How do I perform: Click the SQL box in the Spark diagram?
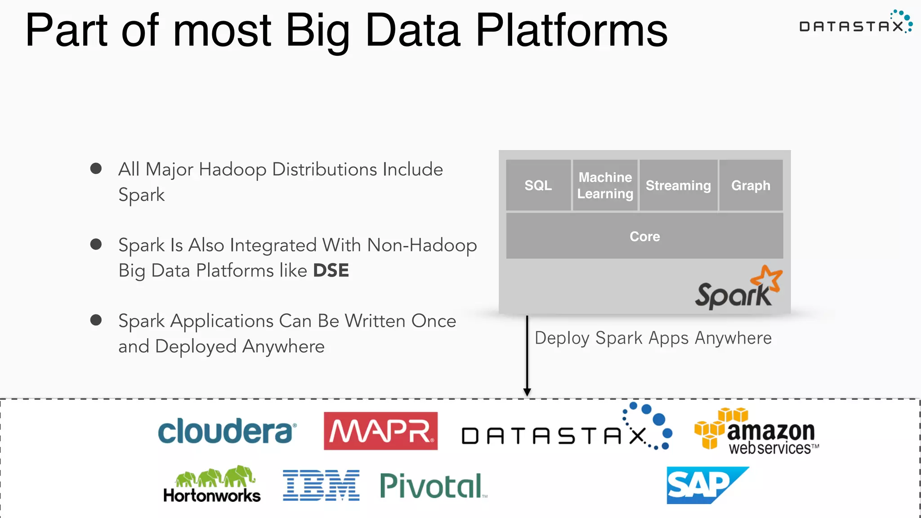coord(538,185)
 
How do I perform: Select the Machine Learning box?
coord(605,185)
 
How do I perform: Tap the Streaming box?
coord(678,185)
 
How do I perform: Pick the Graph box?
coord(751,185)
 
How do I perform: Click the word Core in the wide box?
coord(644,237)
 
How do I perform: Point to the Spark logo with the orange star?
coord(738,289)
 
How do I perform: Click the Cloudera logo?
coord(227,431)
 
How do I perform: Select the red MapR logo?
coord(380,431)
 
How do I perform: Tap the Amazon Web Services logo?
coord(756,432)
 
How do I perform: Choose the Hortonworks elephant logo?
coord(212,485)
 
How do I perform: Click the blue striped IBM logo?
coord(321,486)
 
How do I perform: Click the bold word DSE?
coord(331,271)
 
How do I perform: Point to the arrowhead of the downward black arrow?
coord(527,392)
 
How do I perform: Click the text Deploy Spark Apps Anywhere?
coord(653,338)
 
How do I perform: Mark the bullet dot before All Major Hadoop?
coord(96,169)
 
